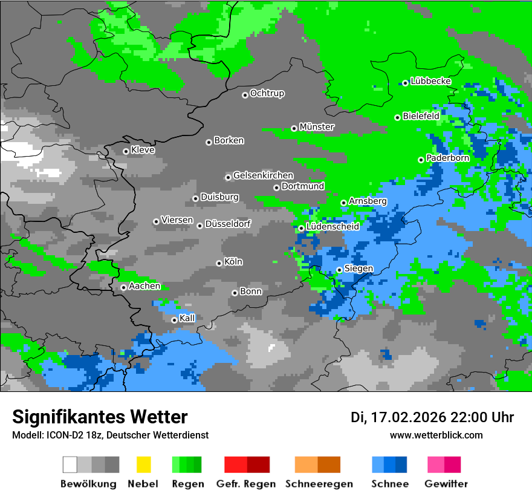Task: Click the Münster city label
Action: [317, 127]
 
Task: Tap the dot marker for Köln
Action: [219, 263]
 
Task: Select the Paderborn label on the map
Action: [448, 158]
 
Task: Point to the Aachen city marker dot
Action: [123, 287]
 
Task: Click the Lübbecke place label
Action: [431, 81]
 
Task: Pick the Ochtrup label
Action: [267, 94]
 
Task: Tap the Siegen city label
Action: [359, 269]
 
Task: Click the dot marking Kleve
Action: [126, 151]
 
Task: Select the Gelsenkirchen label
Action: [264, 175]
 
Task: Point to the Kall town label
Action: [187, 318]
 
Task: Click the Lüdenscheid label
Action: [333, 227]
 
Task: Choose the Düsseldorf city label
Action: [228, 224]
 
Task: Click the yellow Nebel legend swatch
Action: [143, 465]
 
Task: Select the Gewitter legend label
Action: [446, 484]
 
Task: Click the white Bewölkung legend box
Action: [70, 465]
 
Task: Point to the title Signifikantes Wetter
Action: [100, 417]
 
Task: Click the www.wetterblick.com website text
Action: [436, 435]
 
